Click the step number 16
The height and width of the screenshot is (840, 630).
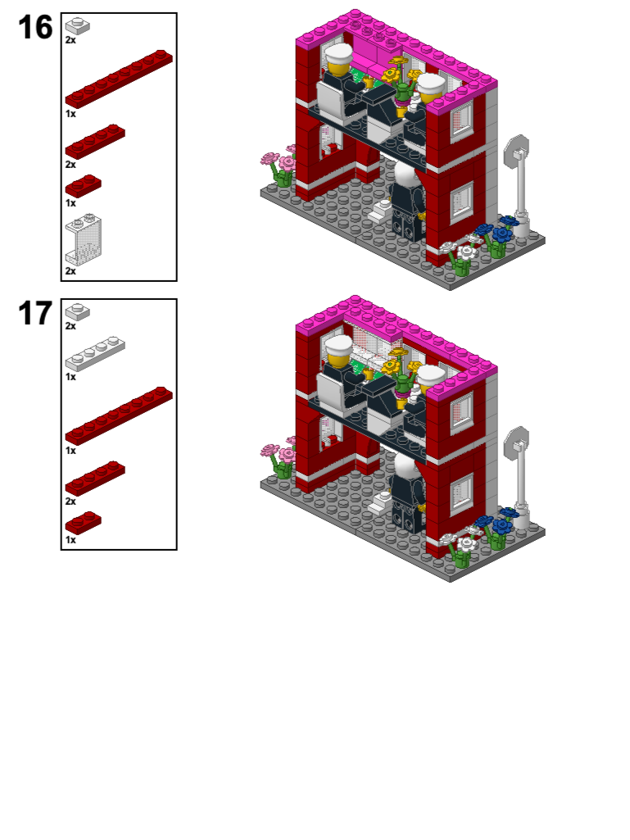35,28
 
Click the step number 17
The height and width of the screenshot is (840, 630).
35,314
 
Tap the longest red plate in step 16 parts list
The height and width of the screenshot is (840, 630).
119,78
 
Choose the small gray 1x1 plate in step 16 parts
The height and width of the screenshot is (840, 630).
78,25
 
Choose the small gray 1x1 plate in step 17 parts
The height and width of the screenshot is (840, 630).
78,311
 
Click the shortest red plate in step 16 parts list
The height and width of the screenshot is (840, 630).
83,186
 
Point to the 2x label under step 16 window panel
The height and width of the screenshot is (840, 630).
70,271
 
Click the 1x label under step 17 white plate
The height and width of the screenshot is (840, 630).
70,377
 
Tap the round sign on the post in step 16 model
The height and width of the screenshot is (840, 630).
517,150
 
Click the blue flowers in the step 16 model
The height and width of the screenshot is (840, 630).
496,232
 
